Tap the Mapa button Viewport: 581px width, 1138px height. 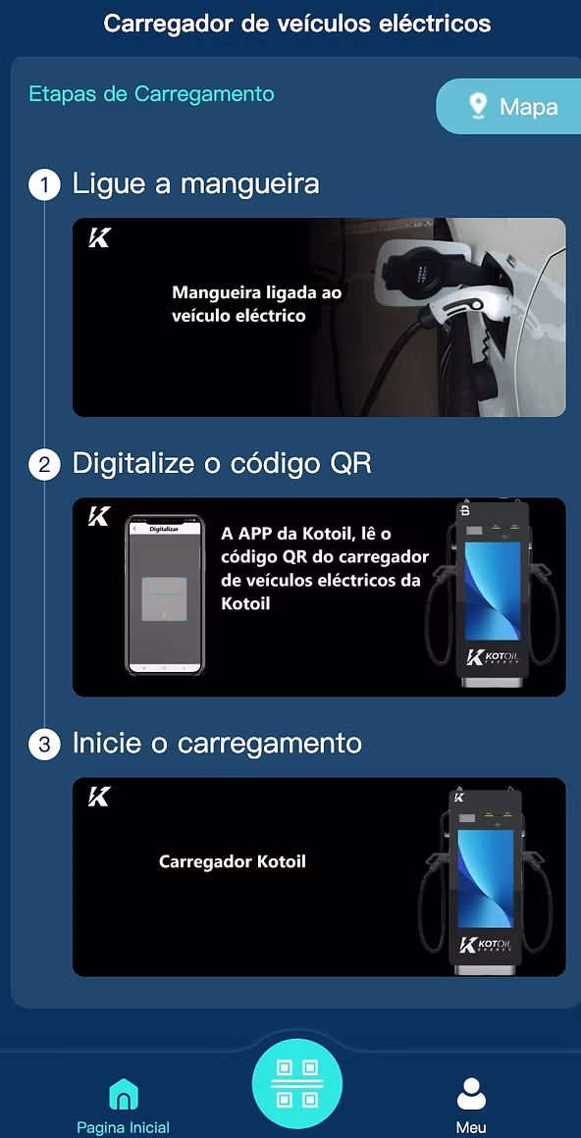tap(508, 106)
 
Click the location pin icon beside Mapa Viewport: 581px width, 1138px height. tap(478, 106)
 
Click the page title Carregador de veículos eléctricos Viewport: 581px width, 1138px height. tap(297, 23)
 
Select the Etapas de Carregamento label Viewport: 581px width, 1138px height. tap(151, 95)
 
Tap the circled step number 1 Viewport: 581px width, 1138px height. tap(44, 184)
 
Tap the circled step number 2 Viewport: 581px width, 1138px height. tap(44, 464)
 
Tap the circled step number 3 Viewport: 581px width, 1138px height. tap(44, 745)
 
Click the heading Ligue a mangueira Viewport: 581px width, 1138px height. tap(195, 183)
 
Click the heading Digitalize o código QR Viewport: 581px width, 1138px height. tap(222, 463)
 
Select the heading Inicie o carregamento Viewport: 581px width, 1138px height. tap(217, 744)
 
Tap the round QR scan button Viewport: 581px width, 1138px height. tap(296, 1084)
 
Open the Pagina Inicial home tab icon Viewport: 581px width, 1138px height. tap(124, 1093)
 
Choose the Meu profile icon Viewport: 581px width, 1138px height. tap(471, 1093)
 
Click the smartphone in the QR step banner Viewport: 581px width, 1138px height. tap(163, 595)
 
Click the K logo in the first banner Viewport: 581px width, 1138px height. tap(99, 237)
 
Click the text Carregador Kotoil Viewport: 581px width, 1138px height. tap(233, 861)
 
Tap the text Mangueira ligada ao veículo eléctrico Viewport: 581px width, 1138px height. tap(257, 304)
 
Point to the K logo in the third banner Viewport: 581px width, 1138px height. tap(99, 797)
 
